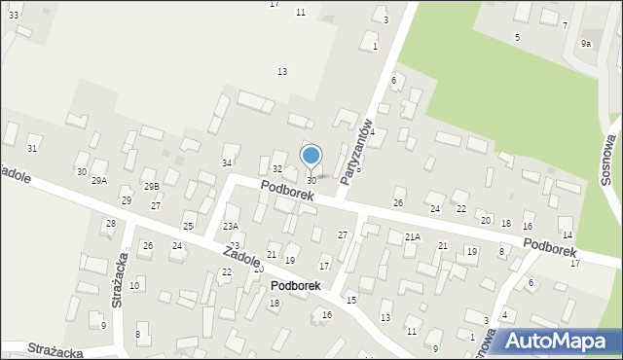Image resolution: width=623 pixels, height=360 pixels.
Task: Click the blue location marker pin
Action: [311, 157]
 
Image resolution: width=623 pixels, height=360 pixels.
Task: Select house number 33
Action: [14, 17]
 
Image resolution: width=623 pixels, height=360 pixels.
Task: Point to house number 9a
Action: [586, 44]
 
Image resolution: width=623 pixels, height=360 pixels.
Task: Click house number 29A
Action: [99, 181]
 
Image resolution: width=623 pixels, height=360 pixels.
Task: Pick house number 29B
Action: [151, 186]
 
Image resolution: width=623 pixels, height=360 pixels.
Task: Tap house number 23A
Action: [231, 226]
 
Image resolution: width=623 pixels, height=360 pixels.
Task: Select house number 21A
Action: [413, 236]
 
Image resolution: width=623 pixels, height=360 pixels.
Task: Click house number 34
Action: [227, 162]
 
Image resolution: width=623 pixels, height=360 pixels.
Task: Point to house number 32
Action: [277, 169]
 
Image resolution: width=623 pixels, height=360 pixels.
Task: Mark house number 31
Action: [32, 148]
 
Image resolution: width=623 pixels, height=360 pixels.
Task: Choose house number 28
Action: [111, 224]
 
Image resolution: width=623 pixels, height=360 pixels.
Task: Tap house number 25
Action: [188, 226]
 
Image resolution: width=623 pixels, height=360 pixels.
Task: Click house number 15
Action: [350, 300]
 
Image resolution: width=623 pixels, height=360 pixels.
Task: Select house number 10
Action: [134, 285]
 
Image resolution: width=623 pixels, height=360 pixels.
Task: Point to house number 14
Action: [567, 235]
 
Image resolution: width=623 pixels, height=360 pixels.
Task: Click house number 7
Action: [565, 25]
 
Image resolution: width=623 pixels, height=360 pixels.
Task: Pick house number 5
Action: [517, 37]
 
